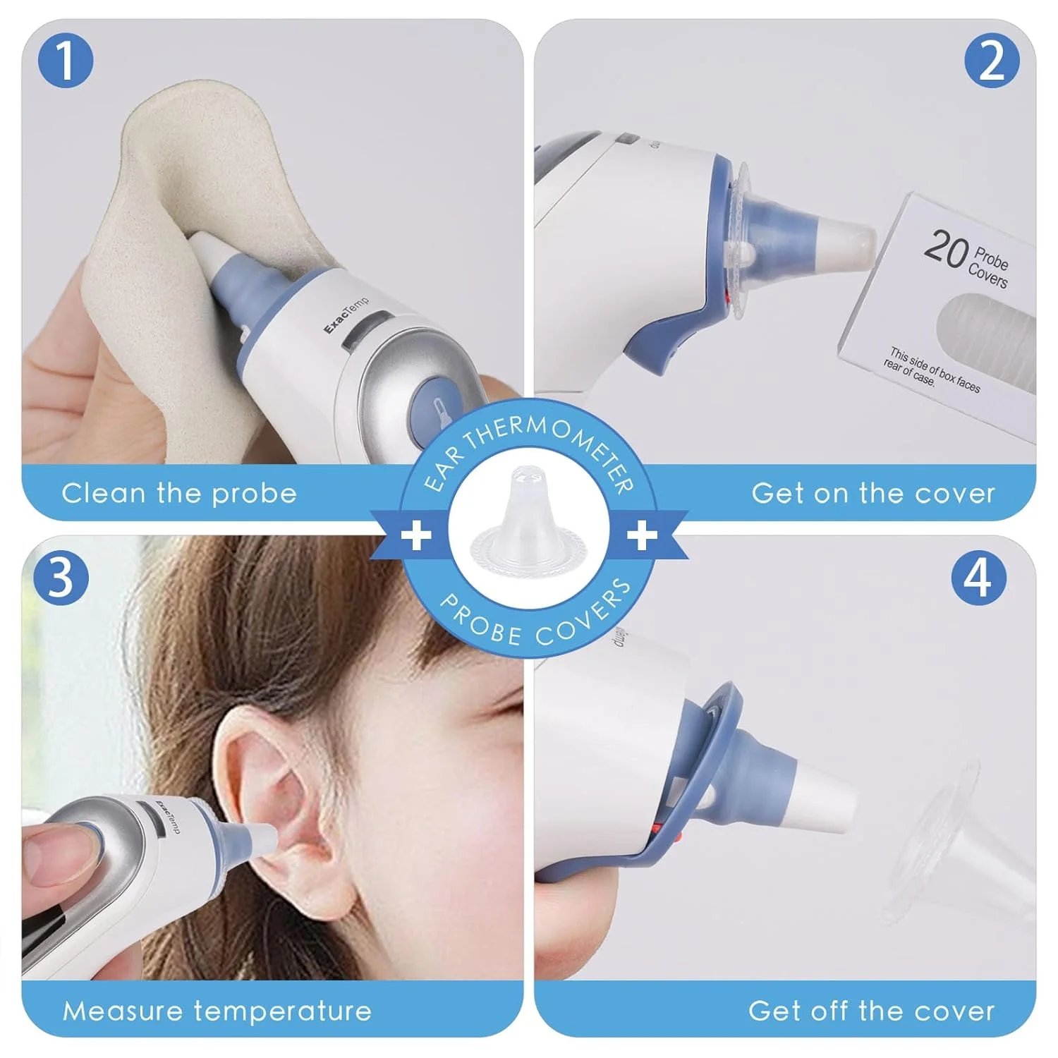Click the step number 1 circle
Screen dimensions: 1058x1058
tap(64, 61)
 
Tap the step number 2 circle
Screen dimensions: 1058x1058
tap(992, 61)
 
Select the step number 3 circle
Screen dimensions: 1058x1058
tap(61, 577)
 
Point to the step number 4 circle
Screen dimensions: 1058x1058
tap(978, 578)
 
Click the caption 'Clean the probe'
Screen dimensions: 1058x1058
tap(179, 493)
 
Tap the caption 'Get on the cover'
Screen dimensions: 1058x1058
tap(873, 493)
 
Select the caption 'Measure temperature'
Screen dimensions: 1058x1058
tap(217, 1011)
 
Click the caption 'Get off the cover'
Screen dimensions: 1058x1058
tap(872, 1011)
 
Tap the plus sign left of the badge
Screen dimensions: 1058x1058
tap(416, 535)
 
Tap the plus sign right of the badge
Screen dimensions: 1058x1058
tap(642, 535)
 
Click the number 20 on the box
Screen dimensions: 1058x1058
tap(945, 248)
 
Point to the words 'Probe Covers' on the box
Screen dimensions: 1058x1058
tap(989, 267)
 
